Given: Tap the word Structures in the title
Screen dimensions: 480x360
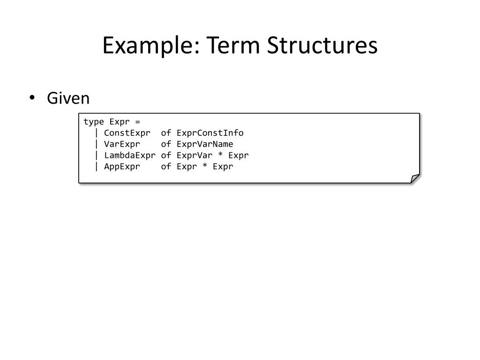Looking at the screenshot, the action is point(322,46).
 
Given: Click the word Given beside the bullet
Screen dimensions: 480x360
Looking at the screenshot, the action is point(68,98).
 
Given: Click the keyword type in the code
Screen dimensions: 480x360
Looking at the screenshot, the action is point(94,122).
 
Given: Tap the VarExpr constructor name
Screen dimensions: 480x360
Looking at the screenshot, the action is point(122,144).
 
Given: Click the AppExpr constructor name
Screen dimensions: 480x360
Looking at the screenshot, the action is point(122,166).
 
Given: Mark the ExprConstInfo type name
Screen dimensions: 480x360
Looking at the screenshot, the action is point(210,133).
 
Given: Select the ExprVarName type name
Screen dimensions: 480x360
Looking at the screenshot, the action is point(205,144).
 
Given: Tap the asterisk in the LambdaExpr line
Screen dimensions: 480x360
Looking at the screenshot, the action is point(220,155).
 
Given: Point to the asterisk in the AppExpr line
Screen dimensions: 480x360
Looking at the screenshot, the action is point(205,166).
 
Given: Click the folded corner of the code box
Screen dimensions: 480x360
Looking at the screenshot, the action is point(414,178).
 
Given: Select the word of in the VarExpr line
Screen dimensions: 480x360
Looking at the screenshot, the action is point(166,144).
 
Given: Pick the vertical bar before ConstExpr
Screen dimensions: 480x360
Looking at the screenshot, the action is point(97,133).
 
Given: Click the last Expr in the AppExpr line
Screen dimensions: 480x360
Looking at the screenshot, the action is point(223,166).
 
